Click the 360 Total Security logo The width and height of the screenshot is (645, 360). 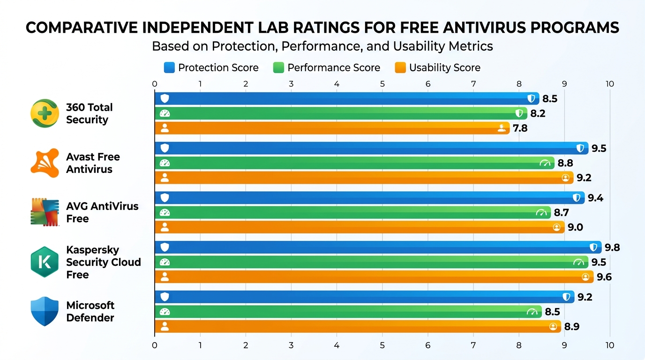click(x=45, y=113)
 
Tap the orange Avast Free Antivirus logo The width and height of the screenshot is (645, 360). click(x=45, y=163)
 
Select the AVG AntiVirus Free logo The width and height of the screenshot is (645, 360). click(x=45, y=212)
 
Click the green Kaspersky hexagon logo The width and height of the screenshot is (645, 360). click(x=45, y=262)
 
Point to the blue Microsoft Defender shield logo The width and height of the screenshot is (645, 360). click(x=45, y=311)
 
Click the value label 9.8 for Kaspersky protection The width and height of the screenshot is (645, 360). click(x=612, y=247)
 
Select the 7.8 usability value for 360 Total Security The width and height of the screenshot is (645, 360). click(x=520, y=128)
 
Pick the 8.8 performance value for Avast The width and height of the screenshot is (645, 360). click(x=565, y=163)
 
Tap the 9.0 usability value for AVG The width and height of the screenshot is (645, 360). click(x=575, y=227)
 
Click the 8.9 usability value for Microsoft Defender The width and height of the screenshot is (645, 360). click(x=571, y=327)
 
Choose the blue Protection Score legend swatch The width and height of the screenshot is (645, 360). click(x=169, y=67)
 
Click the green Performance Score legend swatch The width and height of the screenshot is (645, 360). click(x=278, y=67)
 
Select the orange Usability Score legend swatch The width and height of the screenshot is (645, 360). click(x=400, y=67)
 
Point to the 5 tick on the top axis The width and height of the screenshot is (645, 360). click(x=382, y=84)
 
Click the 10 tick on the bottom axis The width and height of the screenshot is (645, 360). click(x=609, y=345)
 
